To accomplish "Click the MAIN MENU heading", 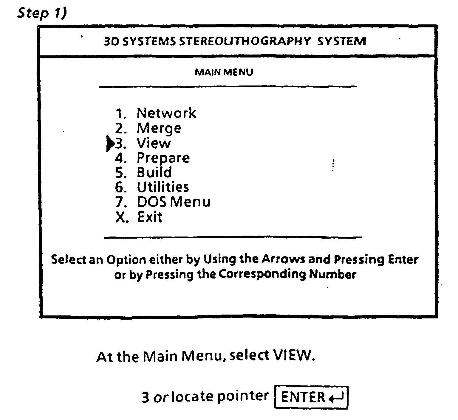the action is pyautogui.click(x=224, y=72).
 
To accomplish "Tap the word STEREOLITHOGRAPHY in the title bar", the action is pyautogui.click(x=245, y=41).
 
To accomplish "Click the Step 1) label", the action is pyautogui.click(x=42, y=14).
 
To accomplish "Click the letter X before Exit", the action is pyautogui.click(x=120, y=217).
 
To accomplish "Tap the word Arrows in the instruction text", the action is pyautogui.click(x=284, y=259).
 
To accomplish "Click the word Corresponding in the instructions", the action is pyautogui.click(x=262, y=274).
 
